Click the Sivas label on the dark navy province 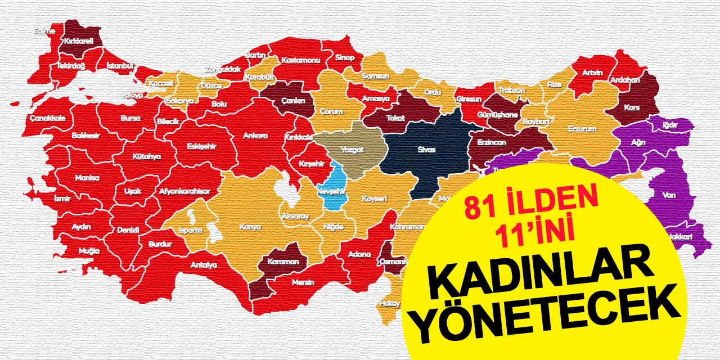pos(427,150)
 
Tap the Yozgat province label pos(353,150)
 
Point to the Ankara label pos(255,136)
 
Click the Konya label pos(250,227)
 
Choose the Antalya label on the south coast pos(204,264)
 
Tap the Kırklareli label pos(79,41)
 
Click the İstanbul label pos(119,66)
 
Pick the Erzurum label pos(582,129)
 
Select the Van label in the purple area pos(669,195)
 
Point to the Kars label pos(632,107)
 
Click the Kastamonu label pos(300,60)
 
